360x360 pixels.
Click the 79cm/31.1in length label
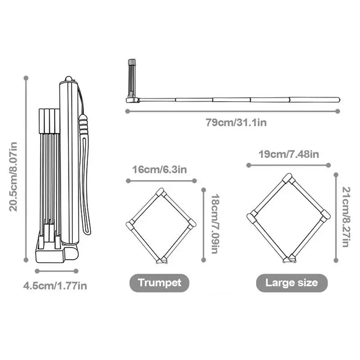point(236,122)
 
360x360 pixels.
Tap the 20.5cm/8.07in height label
point(13,176)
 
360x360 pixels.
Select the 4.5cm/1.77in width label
point(55,286)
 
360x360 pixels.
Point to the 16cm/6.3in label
point(160,170)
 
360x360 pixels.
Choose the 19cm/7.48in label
point(289,154)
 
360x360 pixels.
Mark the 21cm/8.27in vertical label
point(346,217)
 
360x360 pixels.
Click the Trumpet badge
point(160,283)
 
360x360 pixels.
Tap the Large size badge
point(292,283)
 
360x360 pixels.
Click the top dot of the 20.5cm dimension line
point(26,78)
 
